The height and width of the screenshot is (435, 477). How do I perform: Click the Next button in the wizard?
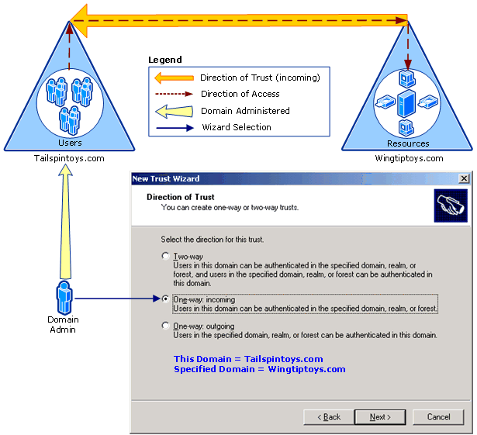coord(380,416)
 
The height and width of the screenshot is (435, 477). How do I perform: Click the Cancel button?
coord(438,416)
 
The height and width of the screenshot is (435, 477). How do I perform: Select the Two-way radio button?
coord(165,256)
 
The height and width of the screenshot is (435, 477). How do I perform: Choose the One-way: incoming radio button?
coord(165,299)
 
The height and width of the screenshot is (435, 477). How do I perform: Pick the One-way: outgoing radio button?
coord(165,326)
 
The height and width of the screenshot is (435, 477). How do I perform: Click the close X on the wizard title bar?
coord(464,178)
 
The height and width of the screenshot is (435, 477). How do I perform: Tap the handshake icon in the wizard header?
coord(451,205)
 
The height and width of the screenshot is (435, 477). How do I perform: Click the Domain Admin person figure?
coord(64,298)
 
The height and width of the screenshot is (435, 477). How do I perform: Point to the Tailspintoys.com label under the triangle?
coord(69,158)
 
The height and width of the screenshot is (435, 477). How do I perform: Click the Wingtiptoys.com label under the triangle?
coord(409,158)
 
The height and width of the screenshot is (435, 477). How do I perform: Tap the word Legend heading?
coord(165,60)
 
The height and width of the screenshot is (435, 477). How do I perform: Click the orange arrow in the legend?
coord(174,78)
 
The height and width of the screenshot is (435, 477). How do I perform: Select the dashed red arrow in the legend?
coord(174,94)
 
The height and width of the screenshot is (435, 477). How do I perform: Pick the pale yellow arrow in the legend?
coord(174,112)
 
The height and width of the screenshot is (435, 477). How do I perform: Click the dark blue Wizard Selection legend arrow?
coord(175,128)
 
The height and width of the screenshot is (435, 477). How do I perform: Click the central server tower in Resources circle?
coord(406,103)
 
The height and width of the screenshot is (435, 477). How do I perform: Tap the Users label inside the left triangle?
coord(70,143)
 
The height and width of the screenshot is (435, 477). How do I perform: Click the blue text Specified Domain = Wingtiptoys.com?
coord(260,369)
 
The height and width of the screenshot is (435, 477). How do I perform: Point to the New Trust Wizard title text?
coord(166,178)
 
